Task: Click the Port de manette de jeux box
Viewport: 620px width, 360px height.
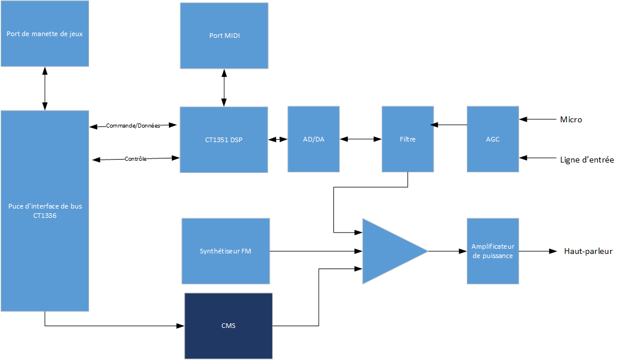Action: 45,33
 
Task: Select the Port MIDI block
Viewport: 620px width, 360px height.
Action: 224,36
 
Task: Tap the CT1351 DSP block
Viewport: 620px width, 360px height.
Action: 224,139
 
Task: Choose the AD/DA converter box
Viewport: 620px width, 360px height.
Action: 313,139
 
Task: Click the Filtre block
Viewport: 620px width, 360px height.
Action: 408,139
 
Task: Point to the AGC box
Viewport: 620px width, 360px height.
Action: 493,139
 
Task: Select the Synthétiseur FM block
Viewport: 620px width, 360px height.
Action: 226,251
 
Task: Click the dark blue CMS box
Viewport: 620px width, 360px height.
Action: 228,326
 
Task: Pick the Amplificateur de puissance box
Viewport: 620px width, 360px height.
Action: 493,251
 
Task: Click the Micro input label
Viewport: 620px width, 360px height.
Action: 571,119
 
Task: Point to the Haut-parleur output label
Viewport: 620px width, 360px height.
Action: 588,251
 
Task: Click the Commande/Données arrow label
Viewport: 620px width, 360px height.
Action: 133,125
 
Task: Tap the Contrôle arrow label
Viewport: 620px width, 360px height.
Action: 135,158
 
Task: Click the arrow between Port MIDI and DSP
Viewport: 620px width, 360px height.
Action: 224,88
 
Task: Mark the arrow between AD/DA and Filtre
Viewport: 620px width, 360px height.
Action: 361,139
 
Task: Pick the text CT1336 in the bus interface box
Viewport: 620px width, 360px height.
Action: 45,215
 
